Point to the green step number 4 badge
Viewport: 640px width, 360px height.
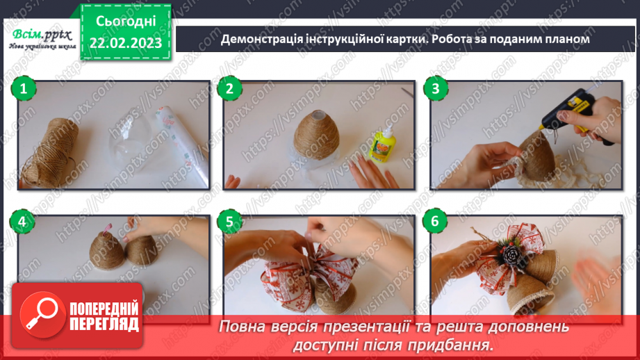click(x=23, y=222)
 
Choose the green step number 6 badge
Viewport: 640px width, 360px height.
click(x=436, y=222)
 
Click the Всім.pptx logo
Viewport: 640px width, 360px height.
click(x=40, y=36)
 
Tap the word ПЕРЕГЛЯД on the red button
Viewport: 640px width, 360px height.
click(x=104, y=325)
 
